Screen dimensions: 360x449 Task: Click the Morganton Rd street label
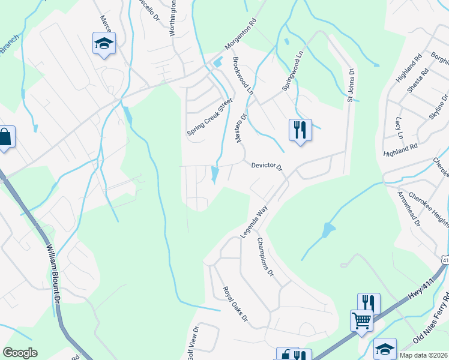coord(241,38)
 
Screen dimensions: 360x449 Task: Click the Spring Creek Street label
coord(209,117)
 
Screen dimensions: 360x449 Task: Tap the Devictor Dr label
coord(267,166)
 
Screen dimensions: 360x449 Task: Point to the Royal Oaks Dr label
coord(235,304)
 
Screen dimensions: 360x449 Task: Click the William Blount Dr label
coord(53,271)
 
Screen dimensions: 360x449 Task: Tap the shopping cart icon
coord(361,320)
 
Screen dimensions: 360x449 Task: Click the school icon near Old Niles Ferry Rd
coord(384,347)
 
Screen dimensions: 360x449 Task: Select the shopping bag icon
coord(5,137)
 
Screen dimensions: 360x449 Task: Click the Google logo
coord(20,353)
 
